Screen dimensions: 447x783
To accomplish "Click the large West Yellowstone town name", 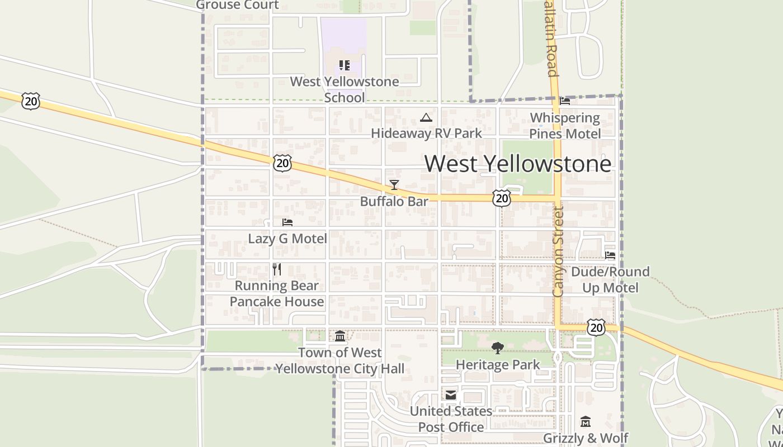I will coord(517,164).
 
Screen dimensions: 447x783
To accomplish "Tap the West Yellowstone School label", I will coord(345,89).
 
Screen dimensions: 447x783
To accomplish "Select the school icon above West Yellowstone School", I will coord(345,65).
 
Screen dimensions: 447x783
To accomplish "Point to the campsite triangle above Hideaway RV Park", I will coord(426,117).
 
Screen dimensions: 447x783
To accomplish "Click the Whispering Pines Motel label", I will coord(565,126).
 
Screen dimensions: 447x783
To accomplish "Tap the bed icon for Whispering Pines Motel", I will coord(565,101).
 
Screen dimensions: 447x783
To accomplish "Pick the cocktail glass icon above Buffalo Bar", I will coord(394,185).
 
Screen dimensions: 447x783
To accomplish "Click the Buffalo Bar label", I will coord(394,201).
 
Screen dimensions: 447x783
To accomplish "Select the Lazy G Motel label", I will coord(287,239).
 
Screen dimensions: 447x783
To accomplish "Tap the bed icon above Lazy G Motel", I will coord(287,222).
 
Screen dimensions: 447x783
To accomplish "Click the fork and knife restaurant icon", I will coord(277,269).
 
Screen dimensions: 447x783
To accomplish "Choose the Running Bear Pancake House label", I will coord(277,293).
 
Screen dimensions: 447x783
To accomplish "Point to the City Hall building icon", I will coord(340,336).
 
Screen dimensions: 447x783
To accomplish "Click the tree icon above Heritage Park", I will coord(497,348).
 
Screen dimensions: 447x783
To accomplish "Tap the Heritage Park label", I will coord(498,365).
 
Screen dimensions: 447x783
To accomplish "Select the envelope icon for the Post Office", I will coord(451,395).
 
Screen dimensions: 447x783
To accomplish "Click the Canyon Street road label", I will coord(558,251).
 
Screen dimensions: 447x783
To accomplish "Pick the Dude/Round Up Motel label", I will coord(610,279).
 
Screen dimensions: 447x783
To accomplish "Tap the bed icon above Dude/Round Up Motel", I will coord(610,255).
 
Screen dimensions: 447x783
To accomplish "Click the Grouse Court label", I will coord(237,5).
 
